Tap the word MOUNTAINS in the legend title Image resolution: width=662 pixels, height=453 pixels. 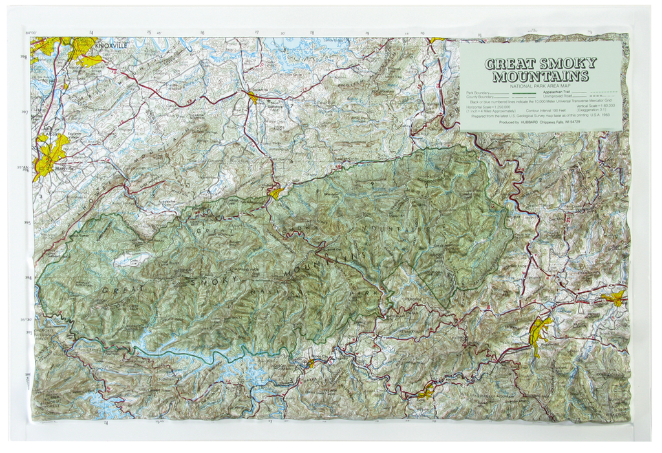pos(540,76)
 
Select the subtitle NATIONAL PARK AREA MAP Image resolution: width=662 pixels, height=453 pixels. pos(540,86)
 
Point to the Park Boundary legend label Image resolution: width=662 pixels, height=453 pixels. pos(478,93)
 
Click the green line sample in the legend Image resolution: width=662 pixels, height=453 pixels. pos(524,93)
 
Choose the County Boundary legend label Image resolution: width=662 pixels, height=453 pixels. pos(480,96)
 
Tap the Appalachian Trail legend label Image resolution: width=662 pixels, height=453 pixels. pos(557,92)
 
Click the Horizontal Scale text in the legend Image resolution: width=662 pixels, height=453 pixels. pos(488,107)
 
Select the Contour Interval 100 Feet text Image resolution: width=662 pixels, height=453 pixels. pos(546,111)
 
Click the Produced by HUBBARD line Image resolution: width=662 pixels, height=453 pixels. pos(539,122)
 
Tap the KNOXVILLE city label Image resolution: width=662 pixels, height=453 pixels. pos(111,46)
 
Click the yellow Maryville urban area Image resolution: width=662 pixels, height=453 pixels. pos(50,153)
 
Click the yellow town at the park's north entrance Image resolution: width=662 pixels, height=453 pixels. pos(276,193)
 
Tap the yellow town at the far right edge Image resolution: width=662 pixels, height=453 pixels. pos(614,298)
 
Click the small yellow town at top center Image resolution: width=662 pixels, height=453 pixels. pos(251,96)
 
